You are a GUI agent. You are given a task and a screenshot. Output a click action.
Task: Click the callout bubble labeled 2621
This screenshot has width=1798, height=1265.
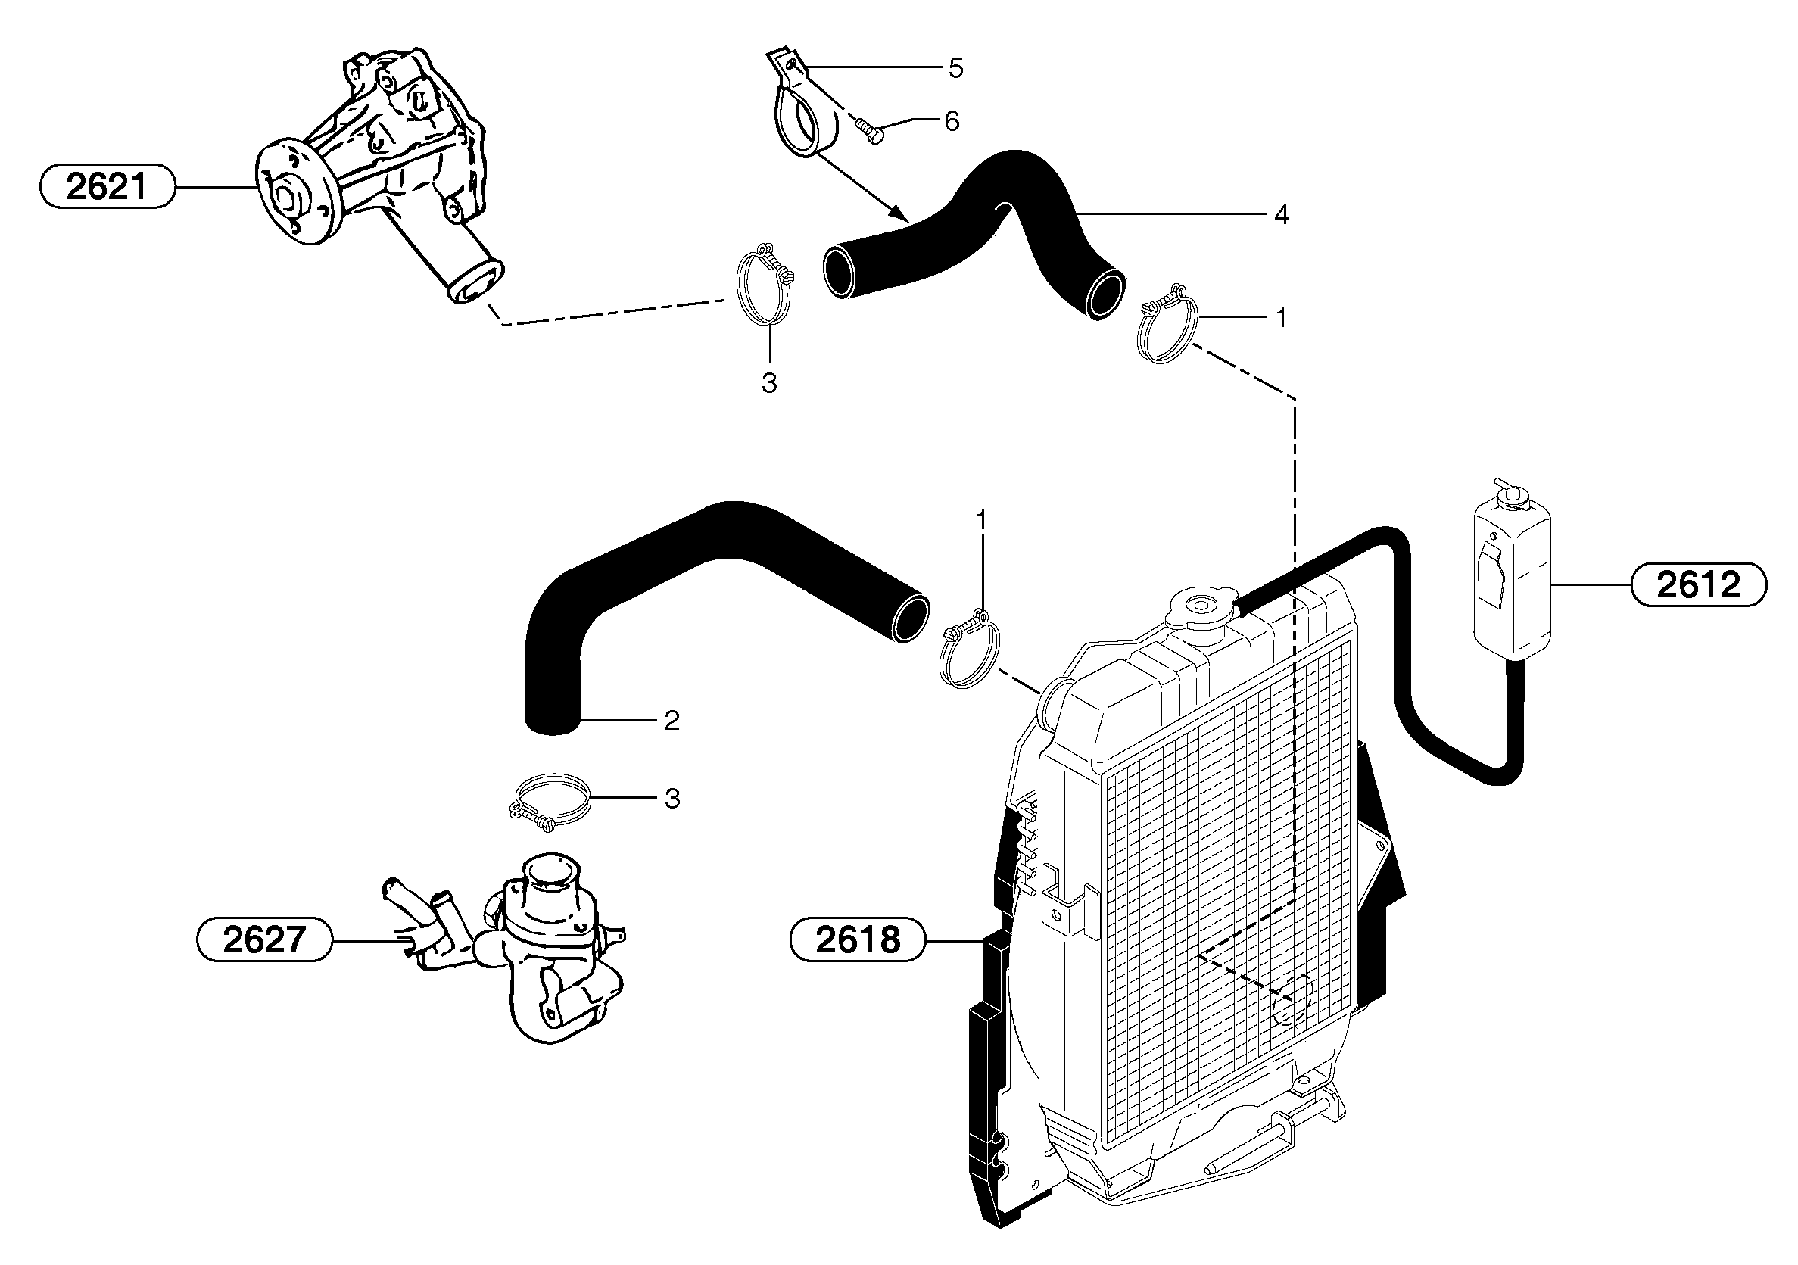coord(107,186)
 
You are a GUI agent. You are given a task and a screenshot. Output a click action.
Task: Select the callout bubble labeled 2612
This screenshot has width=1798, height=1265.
coord(1699,584)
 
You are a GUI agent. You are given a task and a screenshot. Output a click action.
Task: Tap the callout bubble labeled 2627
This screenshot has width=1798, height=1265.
coord(263,939)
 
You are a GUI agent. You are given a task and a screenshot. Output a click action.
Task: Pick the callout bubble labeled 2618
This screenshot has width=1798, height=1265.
coord(858,939)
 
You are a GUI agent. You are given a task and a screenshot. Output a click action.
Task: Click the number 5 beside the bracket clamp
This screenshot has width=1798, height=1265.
coord(955,68)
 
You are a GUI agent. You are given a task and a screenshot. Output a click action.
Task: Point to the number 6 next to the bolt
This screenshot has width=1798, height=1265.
coord(952,121)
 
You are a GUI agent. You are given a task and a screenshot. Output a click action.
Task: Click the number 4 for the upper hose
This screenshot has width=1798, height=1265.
coord(1281,213)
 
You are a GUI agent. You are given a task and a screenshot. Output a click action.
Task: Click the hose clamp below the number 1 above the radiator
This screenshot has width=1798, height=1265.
coord(969,649)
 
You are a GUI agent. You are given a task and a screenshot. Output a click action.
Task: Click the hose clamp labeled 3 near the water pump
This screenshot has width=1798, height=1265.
coord(764,288)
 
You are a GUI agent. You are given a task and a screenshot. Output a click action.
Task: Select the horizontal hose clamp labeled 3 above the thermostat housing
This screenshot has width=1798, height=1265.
coord(548,799)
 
